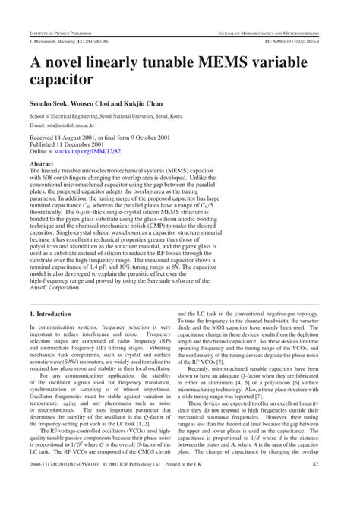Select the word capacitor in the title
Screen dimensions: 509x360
coord(62,79)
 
